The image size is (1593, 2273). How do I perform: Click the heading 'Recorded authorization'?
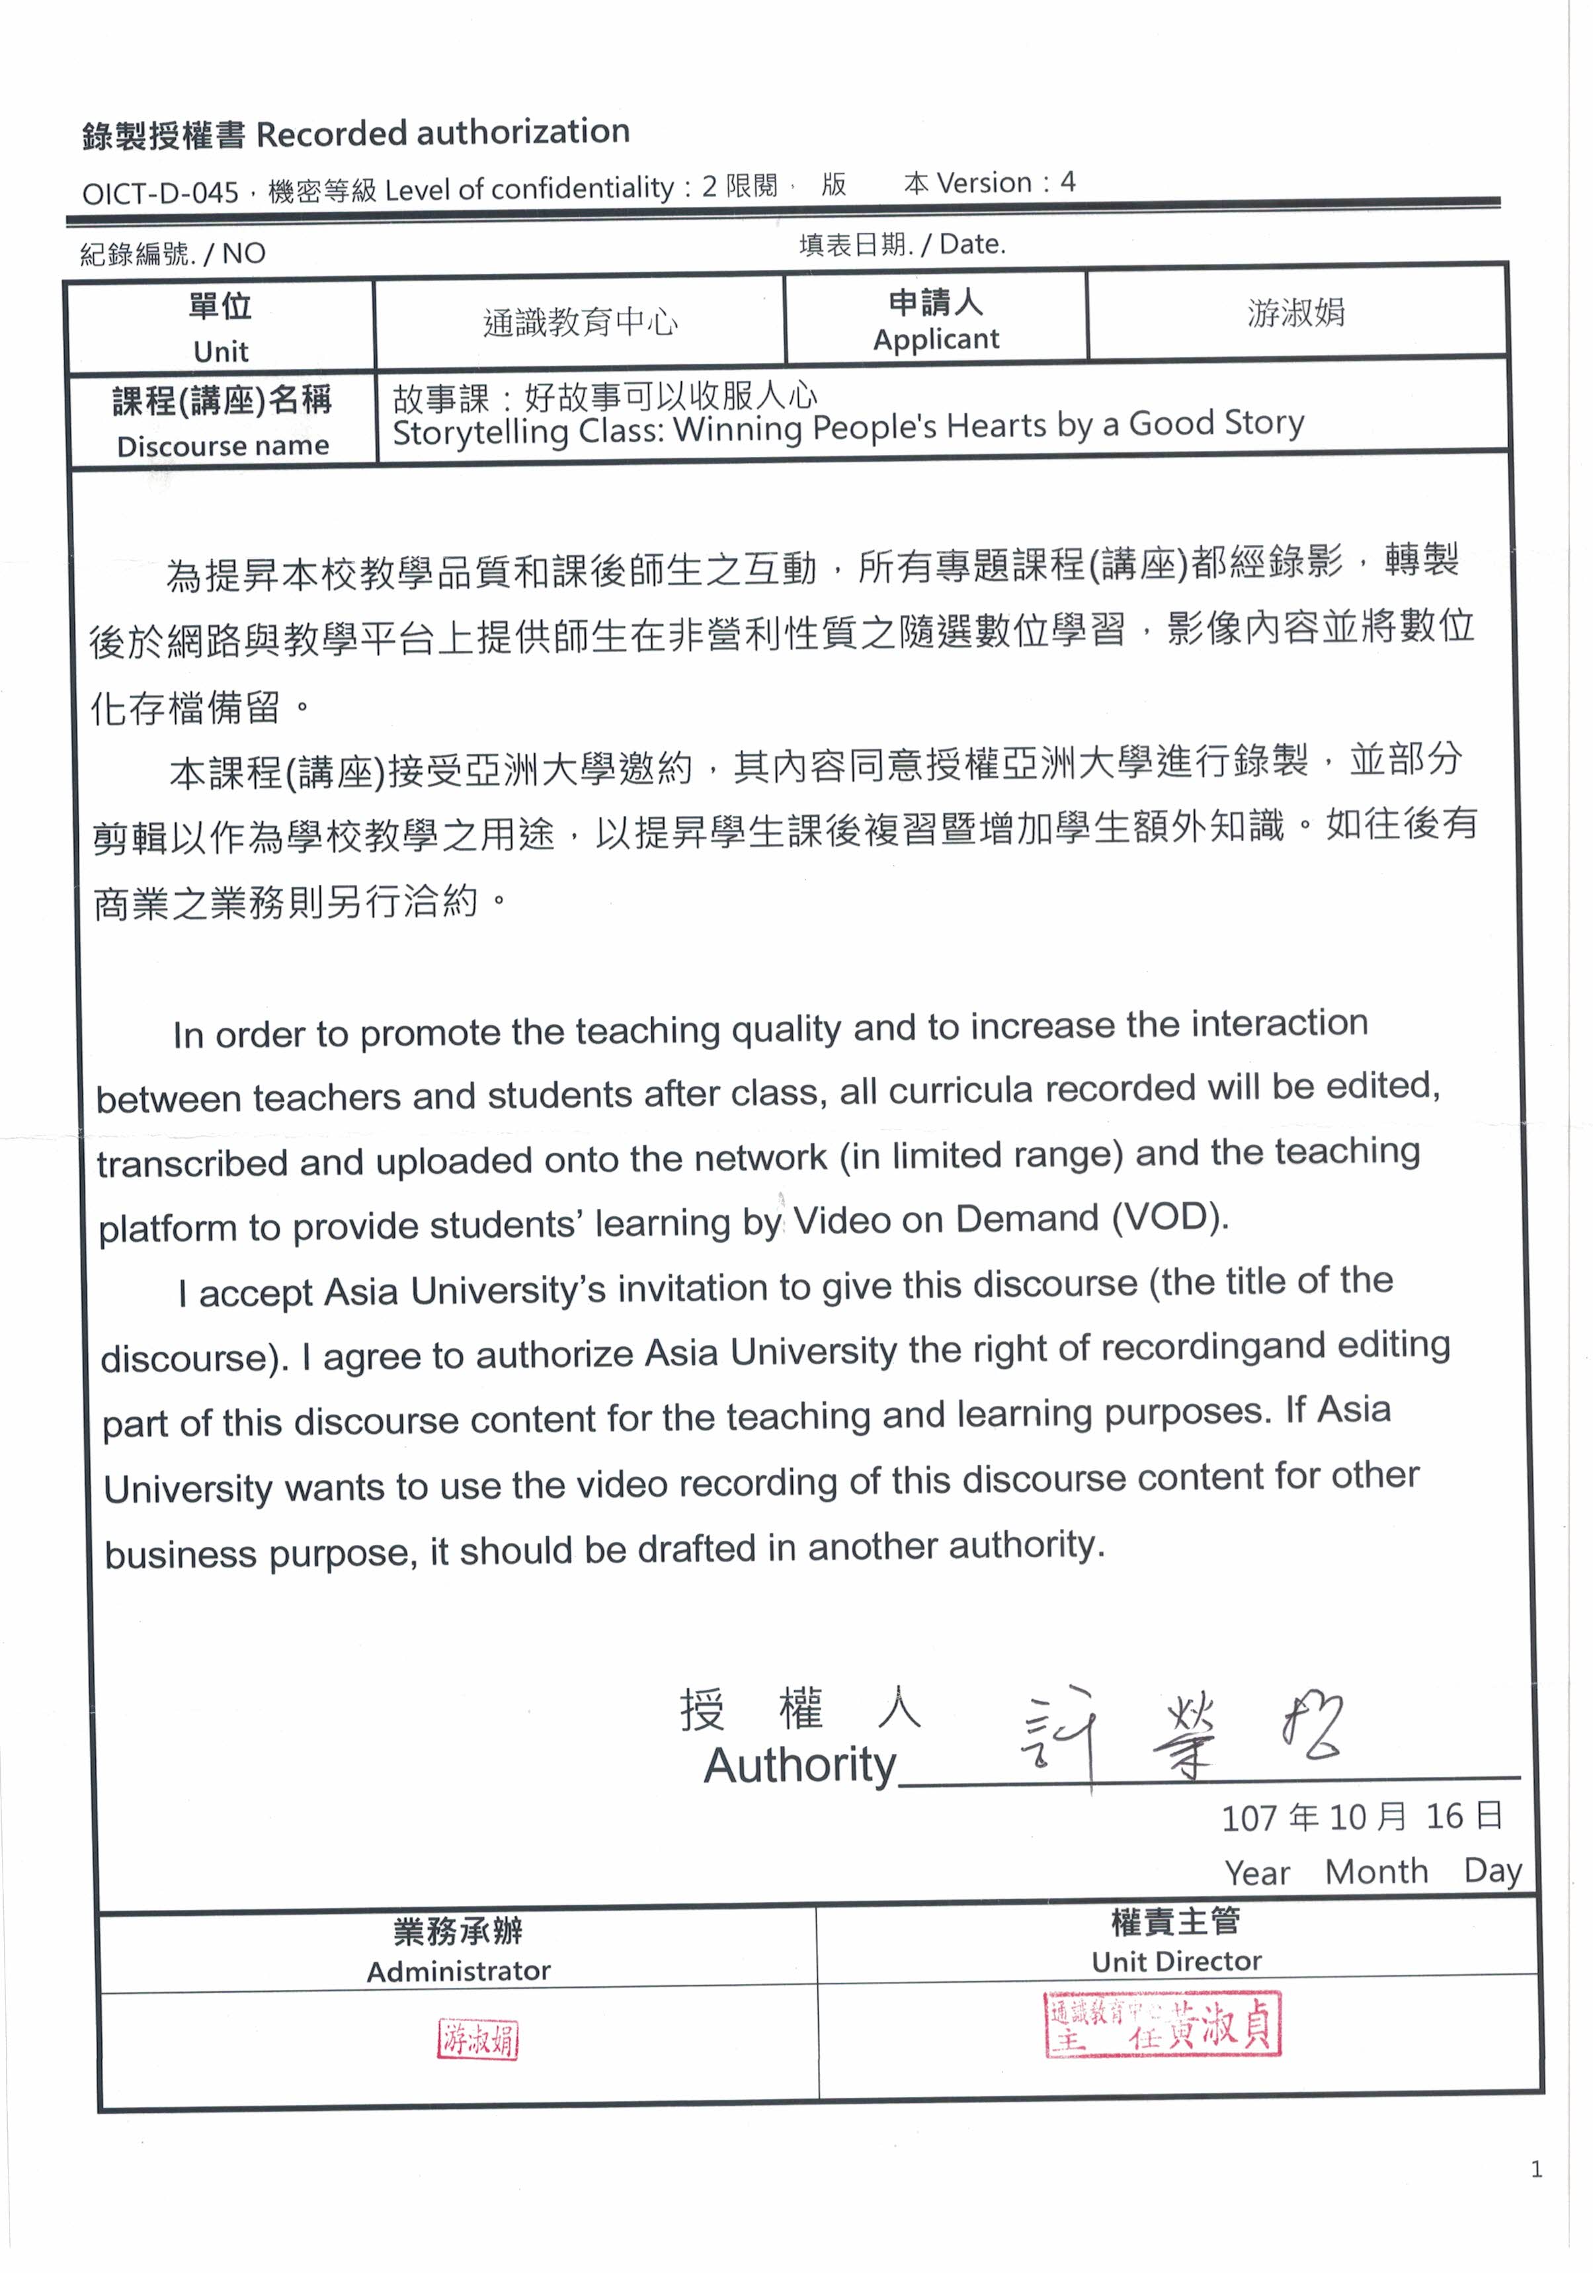(x=442, y=133)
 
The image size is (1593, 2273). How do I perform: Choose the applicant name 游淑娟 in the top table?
(x=1295, y=313)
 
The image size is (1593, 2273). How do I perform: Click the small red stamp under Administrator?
(x=478, y=2040)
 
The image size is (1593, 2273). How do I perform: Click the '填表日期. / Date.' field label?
(x=902, y=245)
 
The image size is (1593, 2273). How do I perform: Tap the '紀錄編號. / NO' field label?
(x=173, y=253)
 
